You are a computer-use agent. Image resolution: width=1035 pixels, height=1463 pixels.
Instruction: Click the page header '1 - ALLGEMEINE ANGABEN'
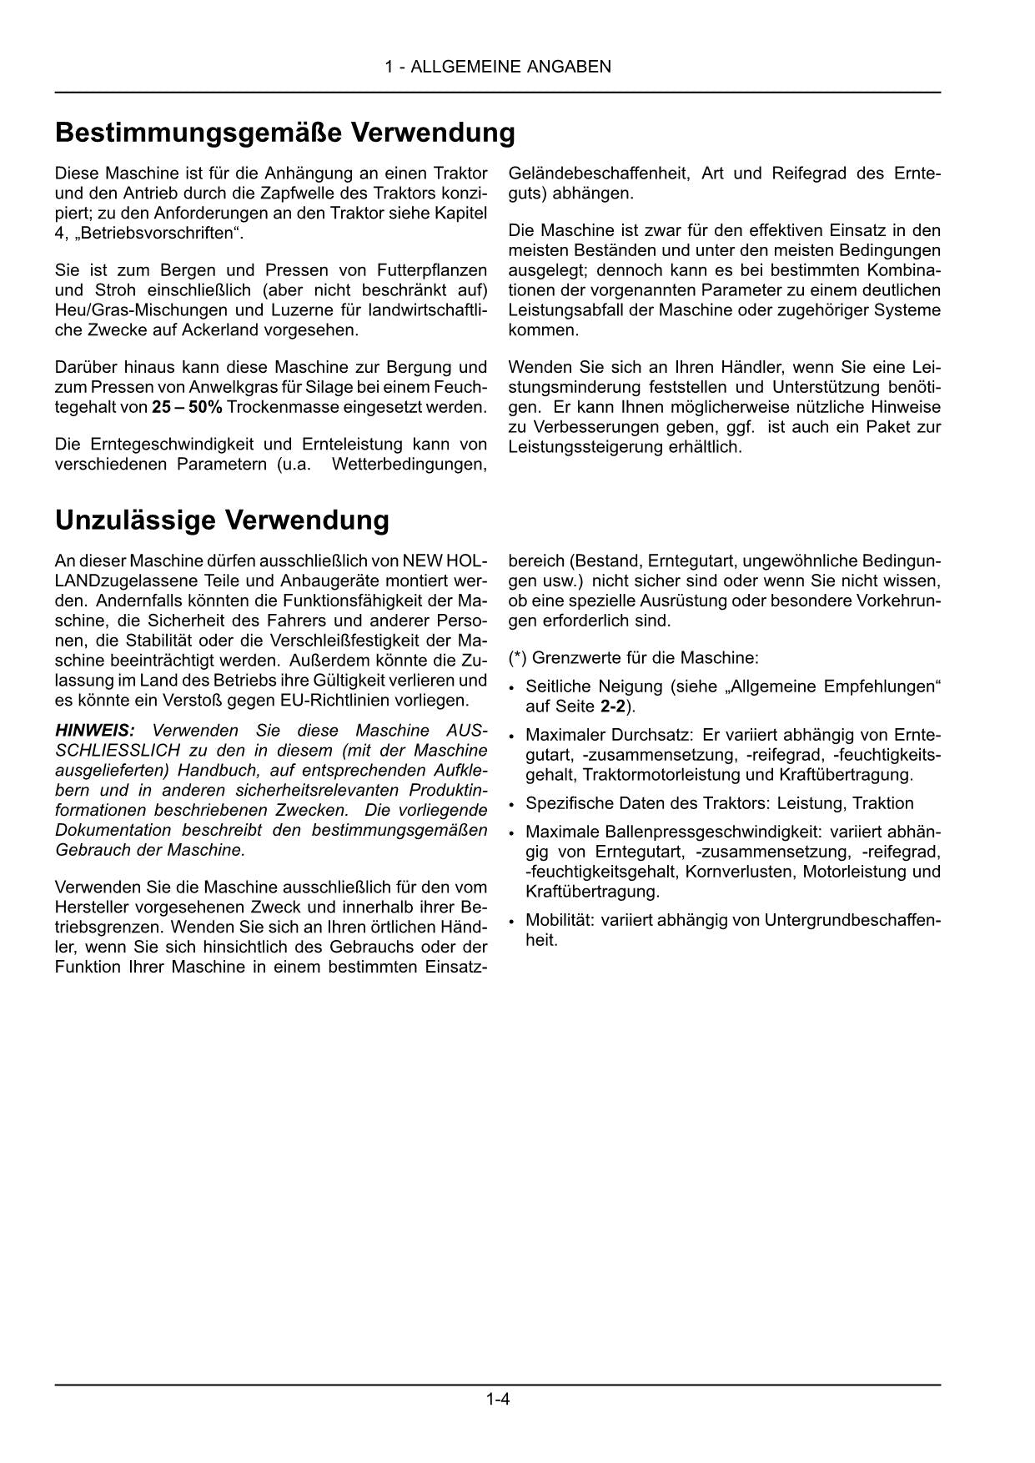click(x=498, y=67)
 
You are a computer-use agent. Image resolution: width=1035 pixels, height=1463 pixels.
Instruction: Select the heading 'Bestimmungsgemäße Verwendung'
click(x=284, y=133)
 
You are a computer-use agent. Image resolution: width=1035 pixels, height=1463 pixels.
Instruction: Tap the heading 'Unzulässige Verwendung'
click(x=222, y=520)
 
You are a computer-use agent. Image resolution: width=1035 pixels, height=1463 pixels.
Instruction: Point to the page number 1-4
click(x=498, y=1399)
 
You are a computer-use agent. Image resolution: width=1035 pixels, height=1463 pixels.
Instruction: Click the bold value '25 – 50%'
click(x=187, y=407)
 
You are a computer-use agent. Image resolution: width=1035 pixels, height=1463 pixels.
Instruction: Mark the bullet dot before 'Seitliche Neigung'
click(x=512, y=688)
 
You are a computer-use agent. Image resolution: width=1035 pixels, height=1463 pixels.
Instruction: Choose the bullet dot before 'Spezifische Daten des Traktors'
click(x=512, y=805)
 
